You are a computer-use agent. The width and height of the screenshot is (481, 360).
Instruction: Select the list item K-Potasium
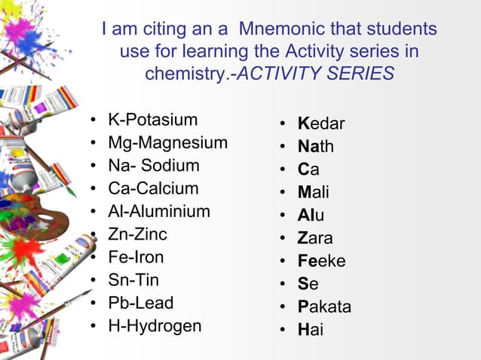tap(153, 120)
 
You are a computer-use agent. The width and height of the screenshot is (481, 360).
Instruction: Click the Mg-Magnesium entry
tap(168, 143)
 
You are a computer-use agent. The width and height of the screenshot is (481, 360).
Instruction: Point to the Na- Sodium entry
tap(154, 166)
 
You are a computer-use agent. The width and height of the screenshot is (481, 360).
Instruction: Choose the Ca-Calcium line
tap(153, 188)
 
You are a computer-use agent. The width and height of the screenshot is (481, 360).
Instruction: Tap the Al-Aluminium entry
tap(159, 212)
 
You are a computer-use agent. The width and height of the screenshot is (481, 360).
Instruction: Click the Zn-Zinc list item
tap(137, 234)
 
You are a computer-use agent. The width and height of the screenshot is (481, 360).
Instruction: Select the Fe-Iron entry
tap(136, 258)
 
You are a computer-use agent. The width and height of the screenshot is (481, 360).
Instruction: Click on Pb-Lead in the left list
tap(141, 304)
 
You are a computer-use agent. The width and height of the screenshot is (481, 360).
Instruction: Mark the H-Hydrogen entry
tap(155, 326)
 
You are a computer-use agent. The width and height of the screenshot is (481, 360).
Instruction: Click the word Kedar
tap(321, 124)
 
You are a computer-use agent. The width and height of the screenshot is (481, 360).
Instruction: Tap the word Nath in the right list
tap(316, 147)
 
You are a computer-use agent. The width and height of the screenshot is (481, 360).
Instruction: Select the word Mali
tap(314, 193)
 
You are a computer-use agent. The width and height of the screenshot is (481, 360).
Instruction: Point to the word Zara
tap(315, 239)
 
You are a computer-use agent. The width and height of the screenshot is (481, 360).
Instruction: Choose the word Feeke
tap(321, 261)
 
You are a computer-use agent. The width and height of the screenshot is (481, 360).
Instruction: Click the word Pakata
tap(324, 307)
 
